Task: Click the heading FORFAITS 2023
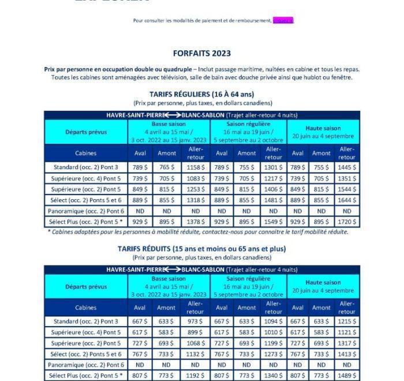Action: pyautogui.click(x=201, y=54)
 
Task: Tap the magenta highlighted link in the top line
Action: pyautogui.click(x=283, y=21)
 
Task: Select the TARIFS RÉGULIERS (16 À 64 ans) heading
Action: pyautogui.click(x=201, y=94)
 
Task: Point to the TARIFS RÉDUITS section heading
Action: pyautogui.click(x=201, y=249)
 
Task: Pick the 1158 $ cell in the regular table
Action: pyautogui.click(x=196, y=167)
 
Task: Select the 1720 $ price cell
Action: pyautogui.click(x=346, y=222)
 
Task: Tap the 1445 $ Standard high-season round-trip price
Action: pyautogui.click(x=346, y=167)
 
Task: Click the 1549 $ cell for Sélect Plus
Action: pyautogui.click(x=272, y=222)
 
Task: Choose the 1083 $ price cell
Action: pyautogui.click(x=196, y=178)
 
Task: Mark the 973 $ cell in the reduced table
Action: pyautogui.click(x=196, y=322)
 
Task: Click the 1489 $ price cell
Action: pyautogui.click(x=346, y=376)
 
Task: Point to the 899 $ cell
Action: pyautogui.click(x=196, y=333)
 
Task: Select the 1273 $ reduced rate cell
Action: pyautogui.click(x=272, y=354)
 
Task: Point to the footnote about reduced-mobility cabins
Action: pyautogui.click(x=198, y=232)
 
